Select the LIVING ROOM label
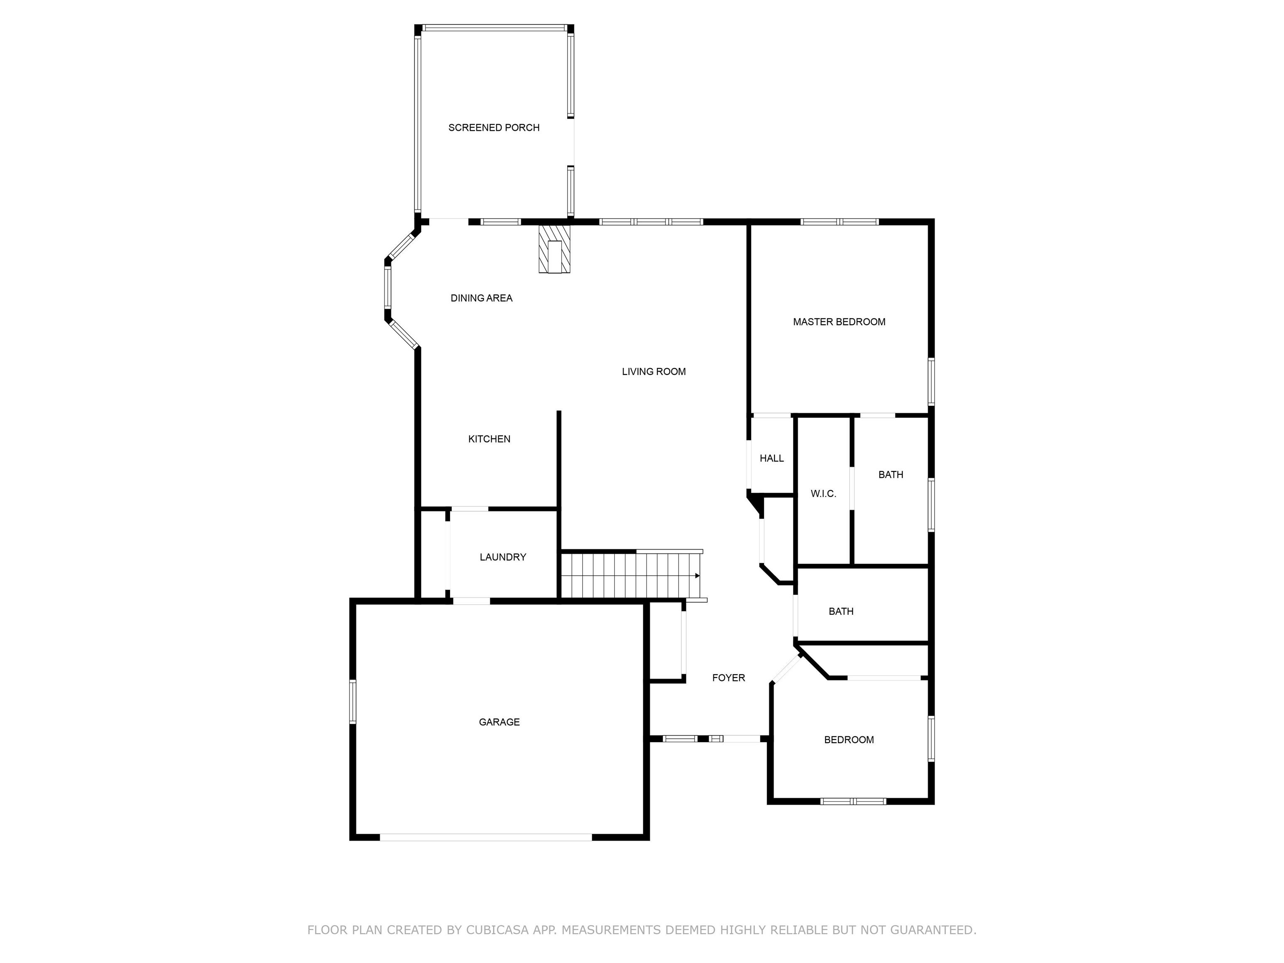point(654,372)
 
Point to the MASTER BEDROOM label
point(839,321)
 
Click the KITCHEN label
point(489,439)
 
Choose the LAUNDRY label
point(503,557)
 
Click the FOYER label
point(729,678)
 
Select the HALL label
point(772,459)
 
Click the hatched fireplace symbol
point(554,249)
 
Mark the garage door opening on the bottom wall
point(486,837)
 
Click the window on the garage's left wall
point(352,701)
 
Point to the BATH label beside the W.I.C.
point(890,475)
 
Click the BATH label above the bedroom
point(841,611)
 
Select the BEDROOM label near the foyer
point(848,739)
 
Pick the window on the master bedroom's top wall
point(839,221)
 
